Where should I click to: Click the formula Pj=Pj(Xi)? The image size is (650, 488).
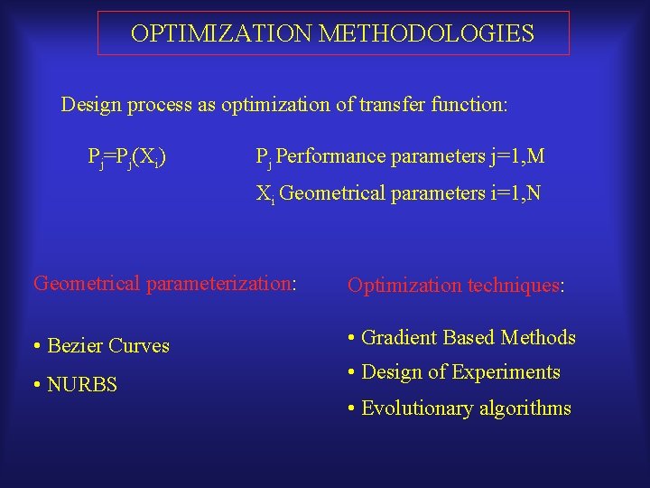[125, 158]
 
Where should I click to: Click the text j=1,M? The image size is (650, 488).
[516, 157]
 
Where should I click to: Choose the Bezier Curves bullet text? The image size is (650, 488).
[108, 346]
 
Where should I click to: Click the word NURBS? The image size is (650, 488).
[82, 385]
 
